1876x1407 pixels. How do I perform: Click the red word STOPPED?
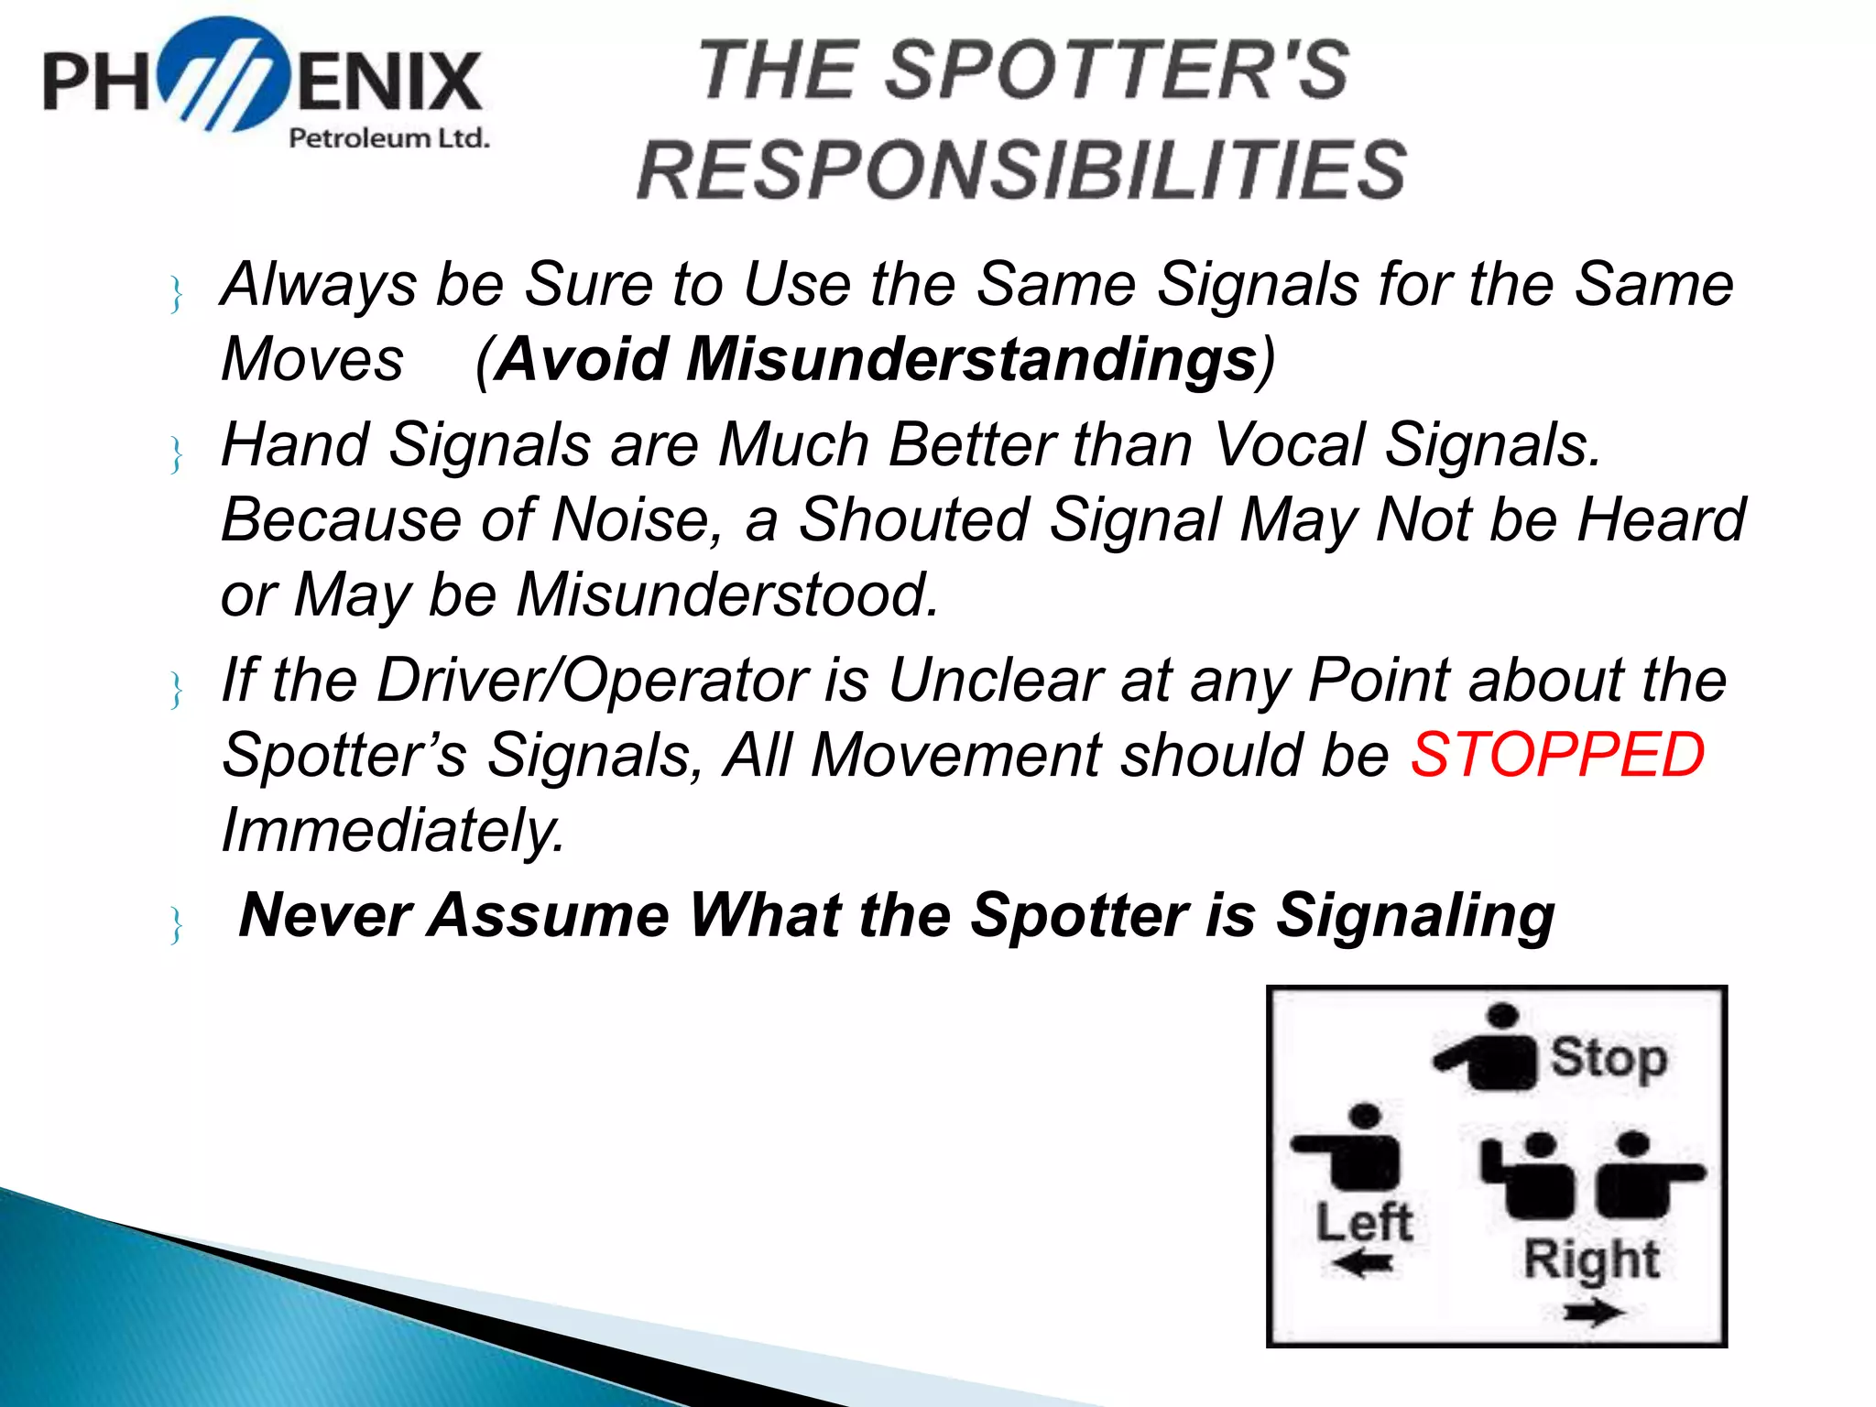point(1556,755)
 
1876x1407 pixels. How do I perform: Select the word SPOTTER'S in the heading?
point(1117,71)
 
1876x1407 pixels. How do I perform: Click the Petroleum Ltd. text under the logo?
point(388,138)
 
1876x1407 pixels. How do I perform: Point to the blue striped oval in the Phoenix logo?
point(224,75)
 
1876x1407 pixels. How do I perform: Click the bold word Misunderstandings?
point(971,358)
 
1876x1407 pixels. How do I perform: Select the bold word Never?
point(324,915)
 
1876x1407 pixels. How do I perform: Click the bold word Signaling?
point(1415,915)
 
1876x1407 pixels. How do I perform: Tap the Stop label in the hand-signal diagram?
point(1608,1058)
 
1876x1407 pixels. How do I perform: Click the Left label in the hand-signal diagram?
point(1364,1222)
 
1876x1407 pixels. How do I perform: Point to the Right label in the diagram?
point(1591,1259)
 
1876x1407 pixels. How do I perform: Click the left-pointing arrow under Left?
point(1363,1265)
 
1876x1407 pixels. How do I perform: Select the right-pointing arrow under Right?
point(1593,1314)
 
